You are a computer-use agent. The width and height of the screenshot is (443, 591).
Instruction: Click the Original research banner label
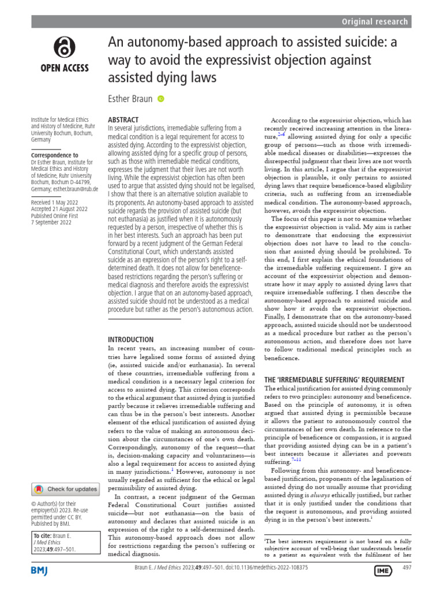(x=375, y=22)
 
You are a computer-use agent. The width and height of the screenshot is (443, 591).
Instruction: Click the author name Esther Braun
(x=130, y=99)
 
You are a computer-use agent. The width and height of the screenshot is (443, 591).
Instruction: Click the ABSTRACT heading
(x=124, y=119)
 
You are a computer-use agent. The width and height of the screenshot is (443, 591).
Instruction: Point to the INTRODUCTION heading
(x=131, y=339)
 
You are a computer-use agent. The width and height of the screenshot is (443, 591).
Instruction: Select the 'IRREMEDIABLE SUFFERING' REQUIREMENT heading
(x=334, y=379)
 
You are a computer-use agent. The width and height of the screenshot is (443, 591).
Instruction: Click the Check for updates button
(x=65, y=489)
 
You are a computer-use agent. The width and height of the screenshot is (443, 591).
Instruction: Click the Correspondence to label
(x=55, y=155)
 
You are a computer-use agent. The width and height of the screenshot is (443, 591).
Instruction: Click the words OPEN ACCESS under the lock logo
(x=63, y=68)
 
